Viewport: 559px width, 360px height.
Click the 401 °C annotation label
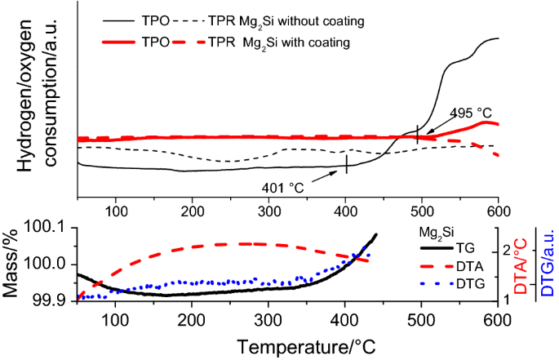(282, 188)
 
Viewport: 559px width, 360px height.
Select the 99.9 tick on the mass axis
(54, 301)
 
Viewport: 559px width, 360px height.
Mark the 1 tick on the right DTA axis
(507, 300)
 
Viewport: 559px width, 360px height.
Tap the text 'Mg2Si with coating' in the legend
(315, 42)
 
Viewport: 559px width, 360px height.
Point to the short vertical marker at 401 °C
(347, 163)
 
